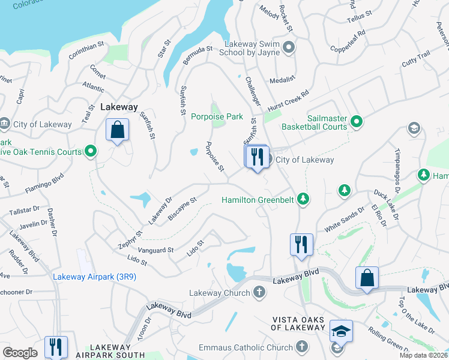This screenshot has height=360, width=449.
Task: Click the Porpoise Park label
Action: point(216,116)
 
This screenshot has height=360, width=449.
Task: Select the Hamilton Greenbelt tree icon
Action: point(304,199)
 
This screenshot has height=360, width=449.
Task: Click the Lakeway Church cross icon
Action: point(259,293)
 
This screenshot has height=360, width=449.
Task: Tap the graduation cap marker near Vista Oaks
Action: point(340,331)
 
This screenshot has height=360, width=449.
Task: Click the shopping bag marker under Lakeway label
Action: point(118,130)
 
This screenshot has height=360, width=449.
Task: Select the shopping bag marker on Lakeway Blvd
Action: point(367,278)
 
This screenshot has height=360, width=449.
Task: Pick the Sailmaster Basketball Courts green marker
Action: point(357,122)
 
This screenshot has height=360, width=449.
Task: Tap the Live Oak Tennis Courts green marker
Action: point(90,151)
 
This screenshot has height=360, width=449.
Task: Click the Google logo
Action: point(20,353)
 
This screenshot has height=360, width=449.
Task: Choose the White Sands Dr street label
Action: point(344,220)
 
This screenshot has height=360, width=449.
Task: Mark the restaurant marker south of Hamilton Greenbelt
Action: point(300,244)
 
